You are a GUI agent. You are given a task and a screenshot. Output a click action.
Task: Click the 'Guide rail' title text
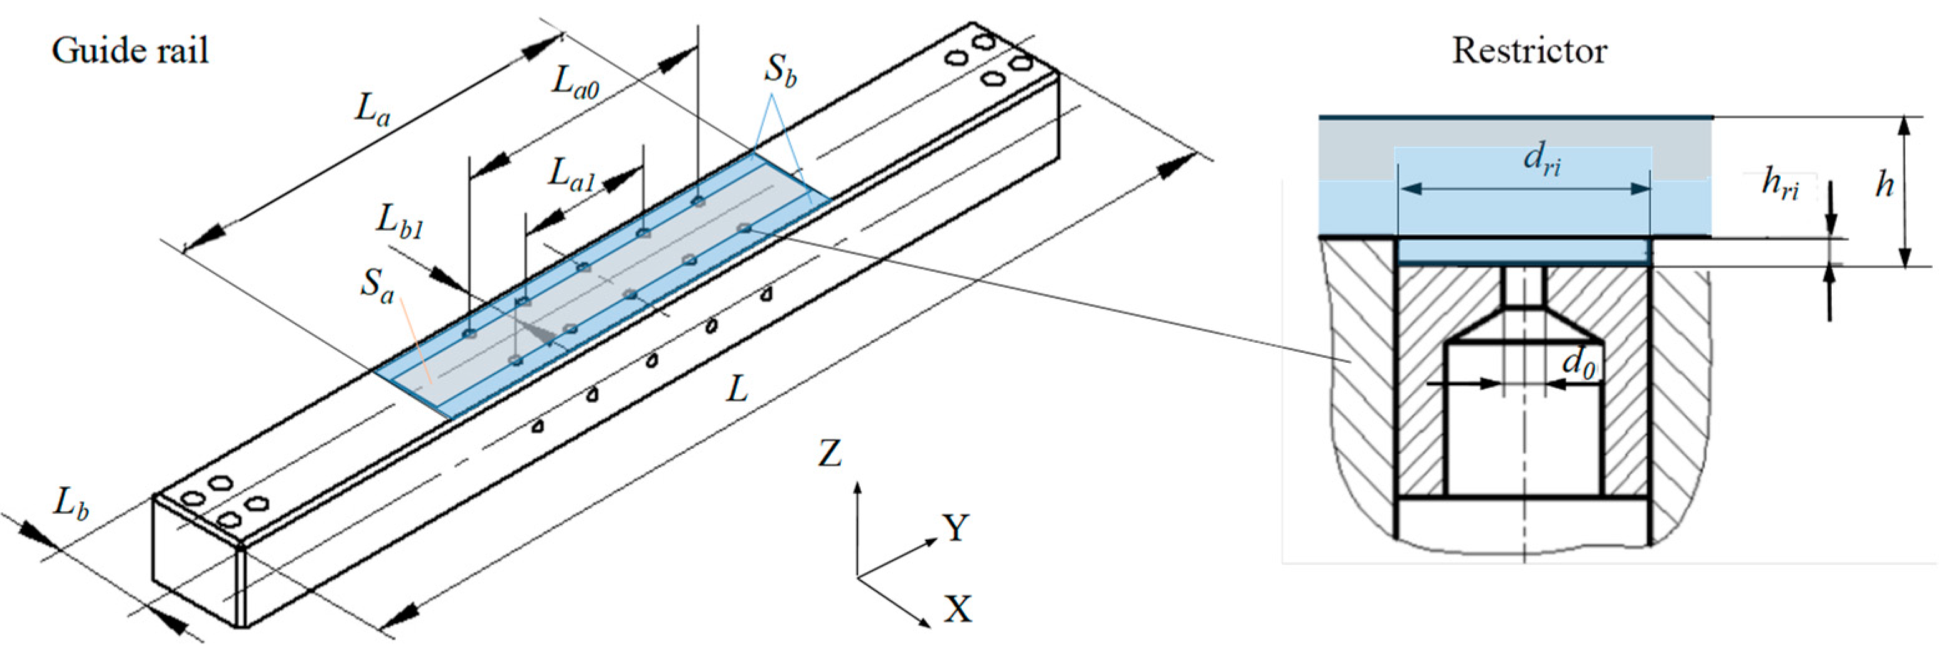point(130,51)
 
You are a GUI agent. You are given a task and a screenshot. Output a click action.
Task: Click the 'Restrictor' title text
point(1529,51)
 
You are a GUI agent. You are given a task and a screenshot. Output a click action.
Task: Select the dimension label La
point(372,110)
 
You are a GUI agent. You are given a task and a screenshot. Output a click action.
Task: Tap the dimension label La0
point(575,82)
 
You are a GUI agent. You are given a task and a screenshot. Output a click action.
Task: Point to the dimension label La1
point(572,175)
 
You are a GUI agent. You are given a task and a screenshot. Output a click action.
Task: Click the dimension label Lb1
point(400,223)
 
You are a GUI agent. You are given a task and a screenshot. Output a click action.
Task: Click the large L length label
point(737,390)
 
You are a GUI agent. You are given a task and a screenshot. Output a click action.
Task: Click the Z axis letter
point(830,454)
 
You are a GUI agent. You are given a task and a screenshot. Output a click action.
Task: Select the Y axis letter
point(955,528)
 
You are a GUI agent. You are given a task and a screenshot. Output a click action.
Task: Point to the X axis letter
point(957,608)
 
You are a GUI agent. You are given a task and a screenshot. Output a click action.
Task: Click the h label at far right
point(1884,185)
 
